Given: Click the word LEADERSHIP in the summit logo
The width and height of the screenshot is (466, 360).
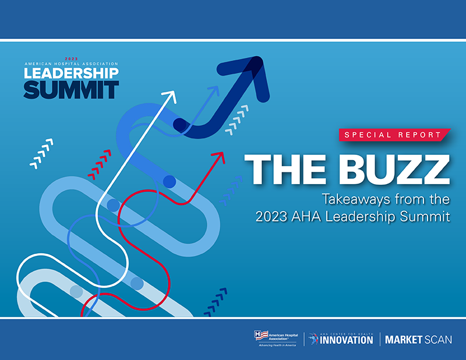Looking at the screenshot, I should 71,73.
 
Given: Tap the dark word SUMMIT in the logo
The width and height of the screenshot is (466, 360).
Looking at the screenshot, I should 71,90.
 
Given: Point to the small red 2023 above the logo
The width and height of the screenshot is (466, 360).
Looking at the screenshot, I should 71,59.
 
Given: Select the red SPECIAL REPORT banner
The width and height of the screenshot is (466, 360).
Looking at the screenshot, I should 393,135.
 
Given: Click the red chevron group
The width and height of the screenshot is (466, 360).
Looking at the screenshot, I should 99,164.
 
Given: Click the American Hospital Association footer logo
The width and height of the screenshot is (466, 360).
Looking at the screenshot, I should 274,338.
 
